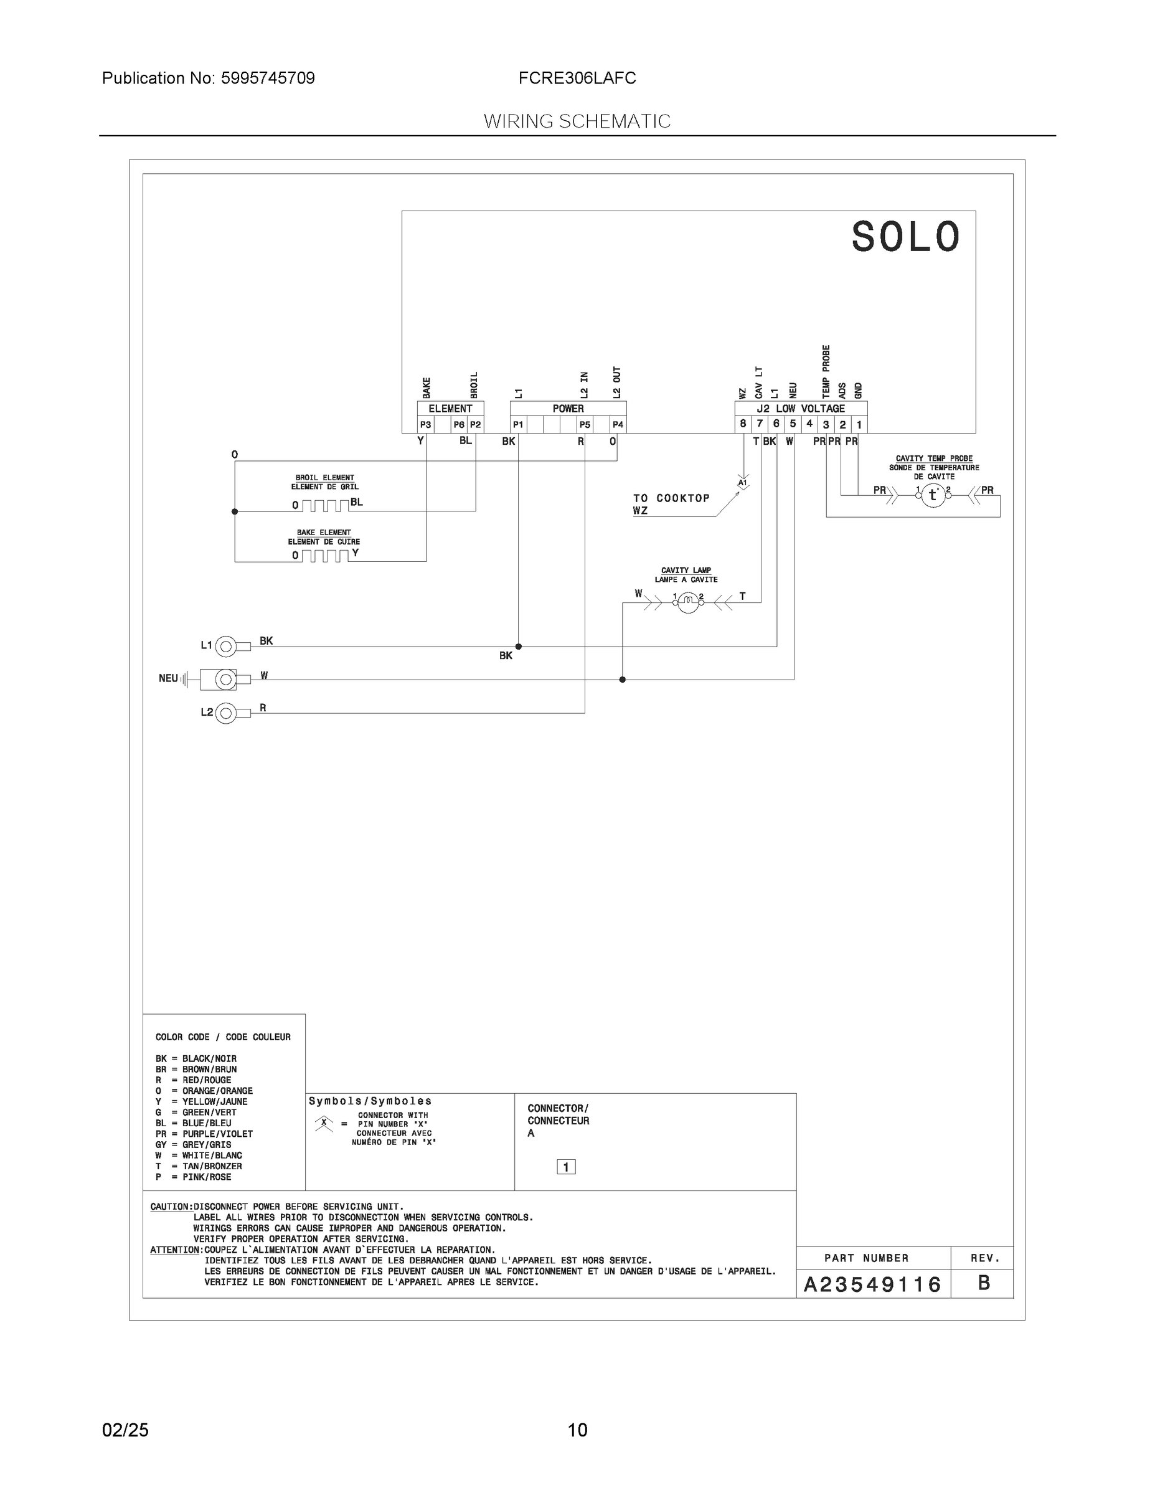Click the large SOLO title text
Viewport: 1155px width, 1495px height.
905,237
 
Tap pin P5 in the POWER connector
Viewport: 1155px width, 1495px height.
584,424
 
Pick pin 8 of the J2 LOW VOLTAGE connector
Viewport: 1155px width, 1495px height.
743,424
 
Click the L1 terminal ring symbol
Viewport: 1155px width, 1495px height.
226,646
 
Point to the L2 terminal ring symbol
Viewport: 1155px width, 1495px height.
226,713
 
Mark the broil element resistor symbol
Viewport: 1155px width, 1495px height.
325,506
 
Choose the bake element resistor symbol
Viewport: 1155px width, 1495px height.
325,556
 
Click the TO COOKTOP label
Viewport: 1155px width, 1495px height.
671,498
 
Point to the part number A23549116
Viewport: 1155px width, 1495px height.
872,1285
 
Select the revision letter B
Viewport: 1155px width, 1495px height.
984,1283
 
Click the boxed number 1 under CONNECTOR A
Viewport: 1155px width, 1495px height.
566,1167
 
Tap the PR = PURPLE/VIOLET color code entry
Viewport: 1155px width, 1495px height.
204,1134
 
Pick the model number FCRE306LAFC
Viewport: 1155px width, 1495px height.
577,78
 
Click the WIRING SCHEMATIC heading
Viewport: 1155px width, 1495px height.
577,121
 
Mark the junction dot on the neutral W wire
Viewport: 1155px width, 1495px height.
622,680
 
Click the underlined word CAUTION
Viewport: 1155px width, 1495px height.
171,1207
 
